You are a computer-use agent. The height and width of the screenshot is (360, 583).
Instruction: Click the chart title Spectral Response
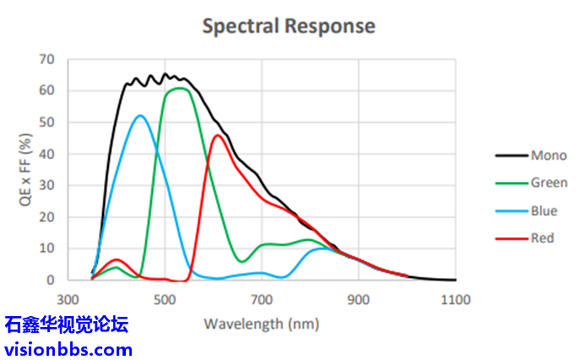[288, 26]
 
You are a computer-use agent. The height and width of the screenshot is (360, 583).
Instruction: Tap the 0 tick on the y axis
[50, 280]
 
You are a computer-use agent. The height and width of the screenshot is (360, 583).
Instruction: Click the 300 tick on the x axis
[68, 299]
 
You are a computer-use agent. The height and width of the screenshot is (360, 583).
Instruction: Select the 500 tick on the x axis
[165, 299]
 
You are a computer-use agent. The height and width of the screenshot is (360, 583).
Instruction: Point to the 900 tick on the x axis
[358, 299]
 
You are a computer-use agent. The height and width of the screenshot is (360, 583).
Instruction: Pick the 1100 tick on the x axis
[455, 299]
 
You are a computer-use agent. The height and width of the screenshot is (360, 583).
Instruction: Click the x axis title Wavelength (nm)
[261, 323]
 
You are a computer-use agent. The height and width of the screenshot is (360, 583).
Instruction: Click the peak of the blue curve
[140, 115]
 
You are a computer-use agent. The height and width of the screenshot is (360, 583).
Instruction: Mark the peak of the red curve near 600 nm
[218, 135]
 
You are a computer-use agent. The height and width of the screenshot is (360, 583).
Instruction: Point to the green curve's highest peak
[179, 88]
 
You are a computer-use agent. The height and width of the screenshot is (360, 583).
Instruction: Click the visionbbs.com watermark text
[68, 348]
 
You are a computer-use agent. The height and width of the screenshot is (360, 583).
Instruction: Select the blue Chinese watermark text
[68, 325]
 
